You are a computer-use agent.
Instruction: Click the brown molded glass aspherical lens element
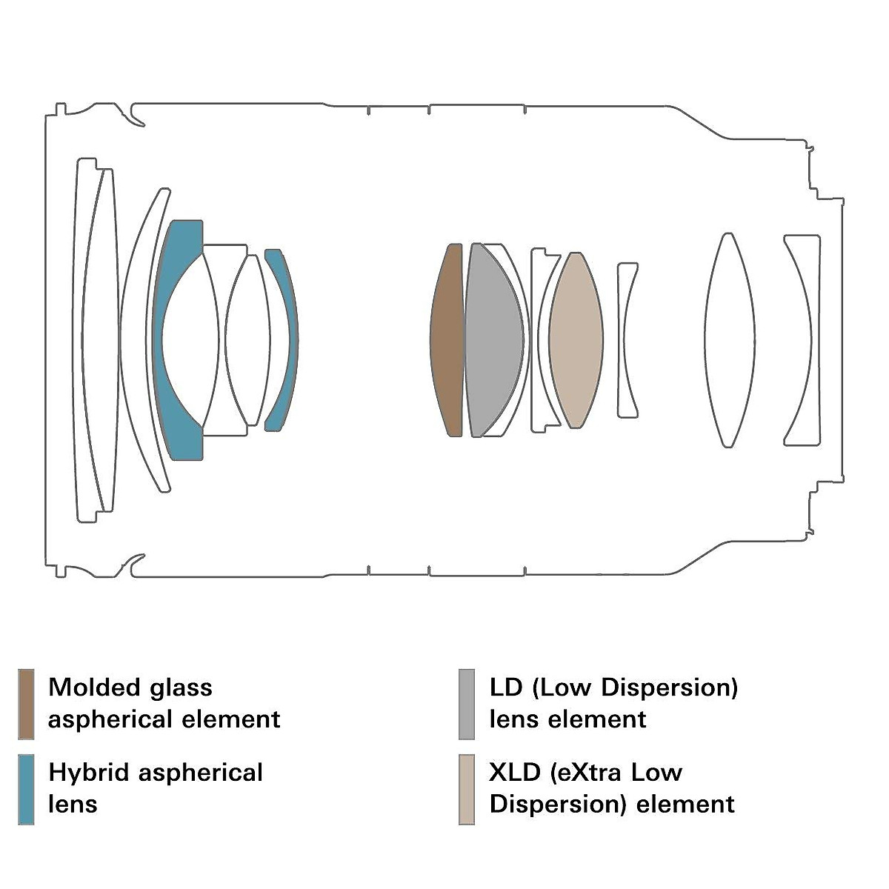[447, 340]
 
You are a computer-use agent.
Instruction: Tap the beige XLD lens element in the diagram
[576, 340]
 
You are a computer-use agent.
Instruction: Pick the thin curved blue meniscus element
[282, 340]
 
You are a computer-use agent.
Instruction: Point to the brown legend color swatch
[26, 704]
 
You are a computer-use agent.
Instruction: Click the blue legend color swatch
[26, 789]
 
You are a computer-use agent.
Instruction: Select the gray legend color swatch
[467, 704]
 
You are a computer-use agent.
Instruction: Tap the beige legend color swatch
[467, 789]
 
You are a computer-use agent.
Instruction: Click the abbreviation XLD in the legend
[514, 773]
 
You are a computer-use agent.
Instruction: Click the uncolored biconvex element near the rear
[730, 340]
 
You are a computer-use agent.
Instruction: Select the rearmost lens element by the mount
[802, 340]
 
